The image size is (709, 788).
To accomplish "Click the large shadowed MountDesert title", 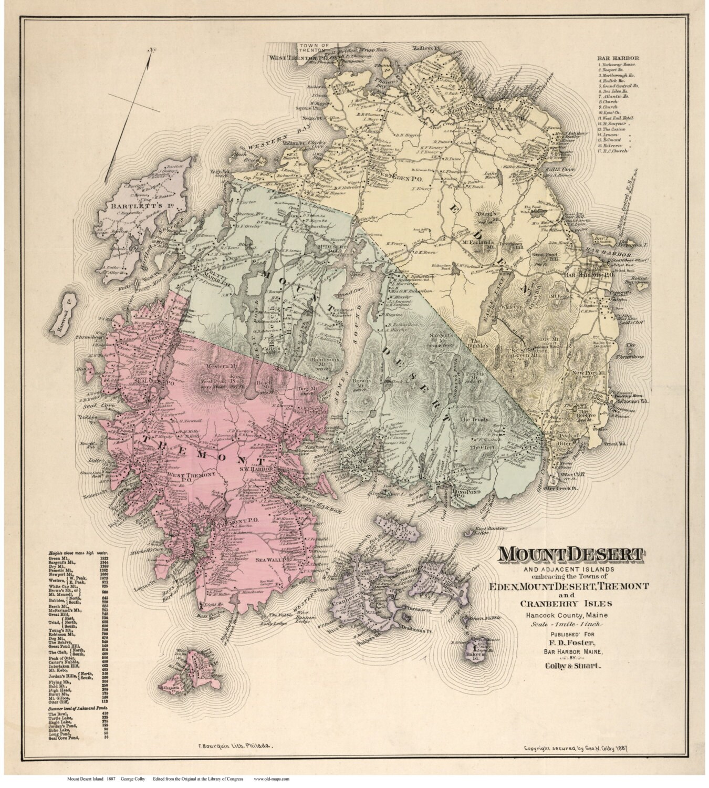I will pos(571,554).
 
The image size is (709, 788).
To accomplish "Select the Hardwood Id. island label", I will pos(62,317).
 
